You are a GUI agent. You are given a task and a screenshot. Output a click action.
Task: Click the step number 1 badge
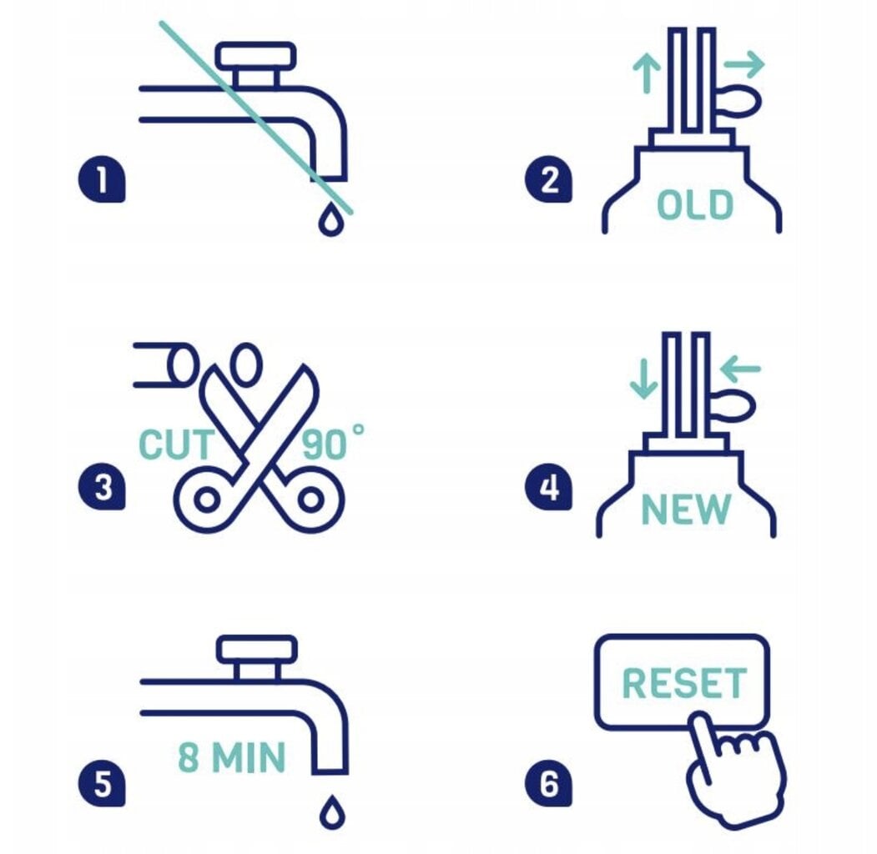pos(102,179)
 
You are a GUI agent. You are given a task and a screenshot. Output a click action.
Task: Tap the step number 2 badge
pos(548,179)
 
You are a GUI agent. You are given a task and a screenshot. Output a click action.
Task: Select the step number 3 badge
pos(102,486)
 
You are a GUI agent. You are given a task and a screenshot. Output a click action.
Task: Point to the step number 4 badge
pos(548,486)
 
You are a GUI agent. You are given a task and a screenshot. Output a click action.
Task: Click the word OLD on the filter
pos(694,204)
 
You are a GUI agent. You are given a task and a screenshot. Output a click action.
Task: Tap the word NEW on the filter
pos(686,509)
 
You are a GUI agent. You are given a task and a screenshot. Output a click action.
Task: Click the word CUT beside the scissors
pos(175,445)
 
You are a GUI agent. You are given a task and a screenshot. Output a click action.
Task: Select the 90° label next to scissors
pos(333,443)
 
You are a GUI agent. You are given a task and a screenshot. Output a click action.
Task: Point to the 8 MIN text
pos(232,757)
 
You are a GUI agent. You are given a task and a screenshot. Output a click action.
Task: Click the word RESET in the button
pos(684,683)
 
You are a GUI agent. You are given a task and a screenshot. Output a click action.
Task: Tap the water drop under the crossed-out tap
pos(330,219)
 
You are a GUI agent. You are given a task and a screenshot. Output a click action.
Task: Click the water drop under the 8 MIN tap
pos(331,811)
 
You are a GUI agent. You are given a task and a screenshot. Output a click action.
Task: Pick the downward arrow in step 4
pos(643,379)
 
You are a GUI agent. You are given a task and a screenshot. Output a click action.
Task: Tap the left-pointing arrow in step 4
pos(740,369)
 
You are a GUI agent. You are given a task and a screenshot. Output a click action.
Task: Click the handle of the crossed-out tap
pos(255,56)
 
